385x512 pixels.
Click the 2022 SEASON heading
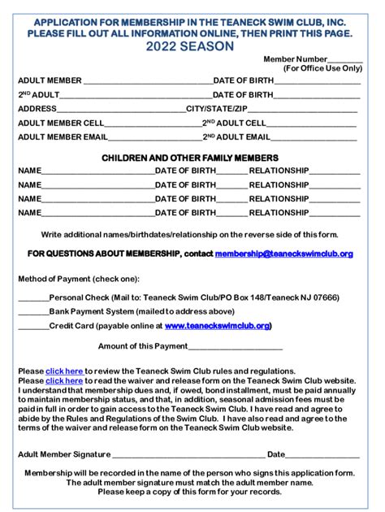tap(192, 47)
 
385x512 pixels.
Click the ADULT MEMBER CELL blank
tap(154, 124)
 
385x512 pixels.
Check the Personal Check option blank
tap(33, 298)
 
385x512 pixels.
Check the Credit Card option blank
tap(33, 326)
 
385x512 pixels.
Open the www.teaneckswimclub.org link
tap(217, 326)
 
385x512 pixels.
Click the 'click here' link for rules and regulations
tap(64, 371)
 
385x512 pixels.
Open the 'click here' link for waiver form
tap(64, 380)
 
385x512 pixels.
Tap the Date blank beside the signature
tap(322, 455)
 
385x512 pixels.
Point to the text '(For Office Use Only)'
tap(322, 69)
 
